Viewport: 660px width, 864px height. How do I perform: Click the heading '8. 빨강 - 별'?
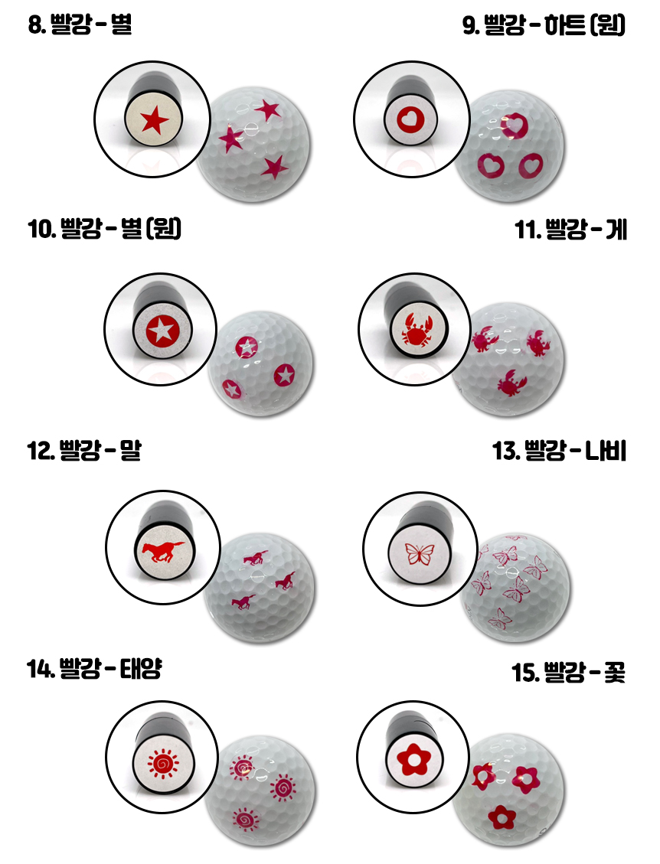pos(80,24)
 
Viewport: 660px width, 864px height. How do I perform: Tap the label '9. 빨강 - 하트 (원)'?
pos(544,24)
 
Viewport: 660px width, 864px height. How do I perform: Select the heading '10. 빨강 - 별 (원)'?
pos(105,228)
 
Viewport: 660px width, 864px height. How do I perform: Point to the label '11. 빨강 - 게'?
pos(570,230)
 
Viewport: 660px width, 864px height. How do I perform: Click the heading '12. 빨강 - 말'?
pos(84,450)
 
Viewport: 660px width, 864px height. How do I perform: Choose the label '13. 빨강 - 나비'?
pos(559,450)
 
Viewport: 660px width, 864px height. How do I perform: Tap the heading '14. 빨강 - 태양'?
pos(94,668)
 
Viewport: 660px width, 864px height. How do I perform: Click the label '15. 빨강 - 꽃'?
pos(568,672)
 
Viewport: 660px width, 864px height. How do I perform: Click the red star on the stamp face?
pos(155,120)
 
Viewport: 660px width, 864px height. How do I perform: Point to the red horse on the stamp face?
pos(163,550)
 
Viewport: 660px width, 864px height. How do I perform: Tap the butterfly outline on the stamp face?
pos(420,554)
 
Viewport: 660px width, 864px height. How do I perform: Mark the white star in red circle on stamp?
pos(162,330)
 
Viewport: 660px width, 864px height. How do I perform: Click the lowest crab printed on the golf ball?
pos(509,383)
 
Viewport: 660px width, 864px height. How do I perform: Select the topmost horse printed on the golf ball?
pos(256,558)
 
